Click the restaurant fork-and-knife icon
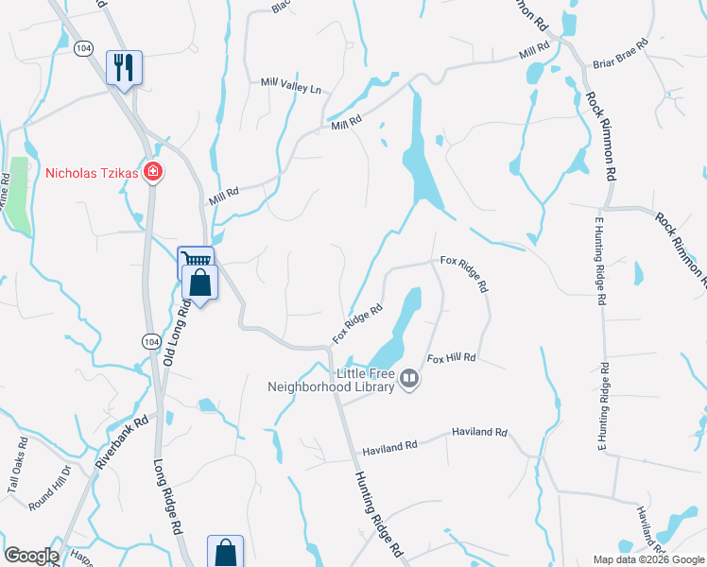124,68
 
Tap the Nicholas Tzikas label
92,173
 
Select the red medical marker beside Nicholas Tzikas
152,173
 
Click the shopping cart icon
195,261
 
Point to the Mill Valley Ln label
291,86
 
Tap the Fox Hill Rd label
452,358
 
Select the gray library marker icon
409,380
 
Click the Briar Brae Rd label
619,55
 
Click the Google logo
31,556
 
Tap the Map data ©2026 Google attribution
647,559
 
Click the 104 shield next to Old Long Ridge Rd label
150,339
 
